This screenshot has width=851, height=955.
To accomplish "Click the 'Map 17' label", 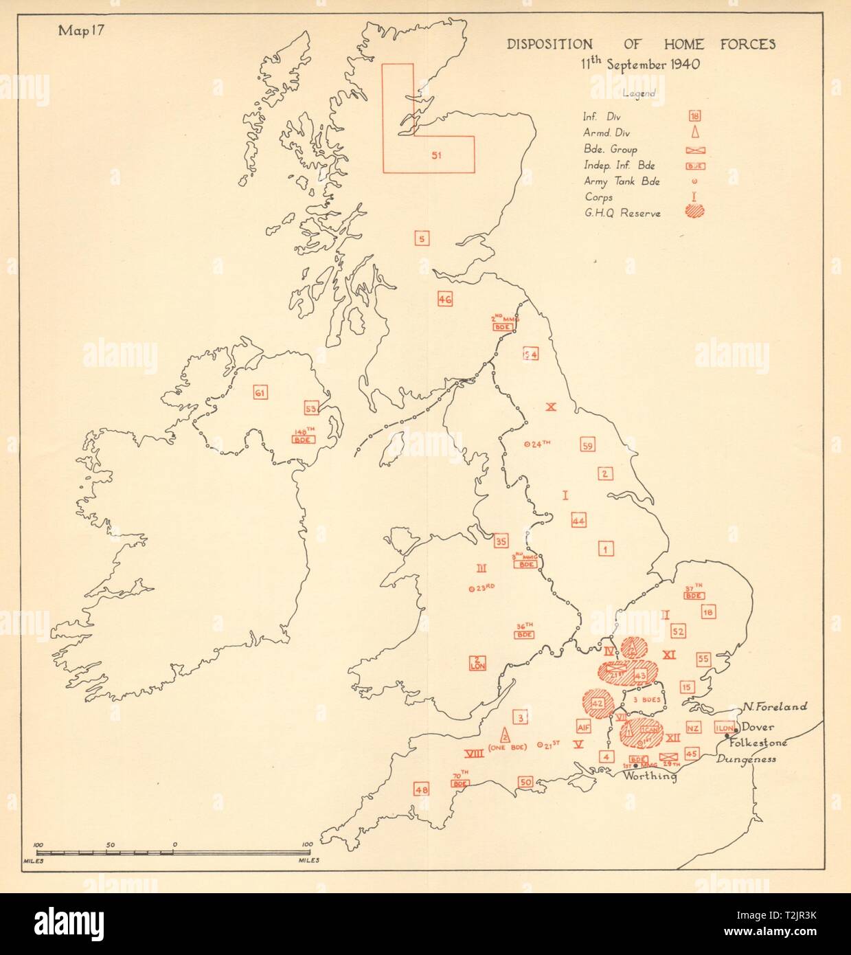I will coord(82,32).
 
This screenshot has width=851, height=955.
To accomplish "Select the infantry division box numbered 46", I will coord(444,299).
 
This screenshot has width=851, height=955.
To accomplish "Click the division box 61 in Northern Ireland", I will coord(260,393).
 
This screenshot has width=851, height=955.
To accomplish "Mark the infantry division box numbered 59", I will coord(587,444).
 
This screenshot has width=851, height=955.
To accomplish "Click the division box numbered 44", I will coord(578,521).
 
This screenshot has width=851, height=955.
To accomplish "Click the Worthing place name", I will coord(650,776).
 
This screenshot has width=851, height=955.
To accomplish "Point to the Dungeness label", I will coord(746,759).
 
